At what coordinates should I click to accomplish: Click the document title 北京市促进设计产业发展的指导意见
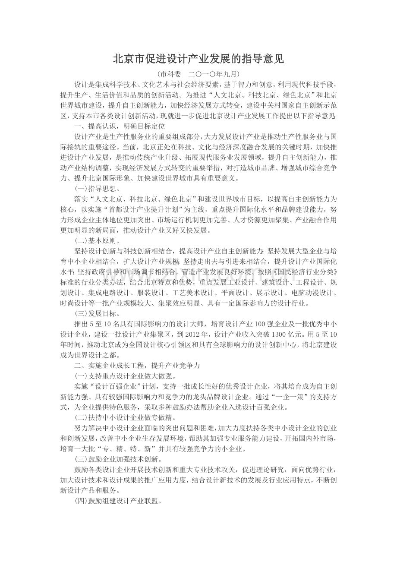[x=198, y=59]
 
